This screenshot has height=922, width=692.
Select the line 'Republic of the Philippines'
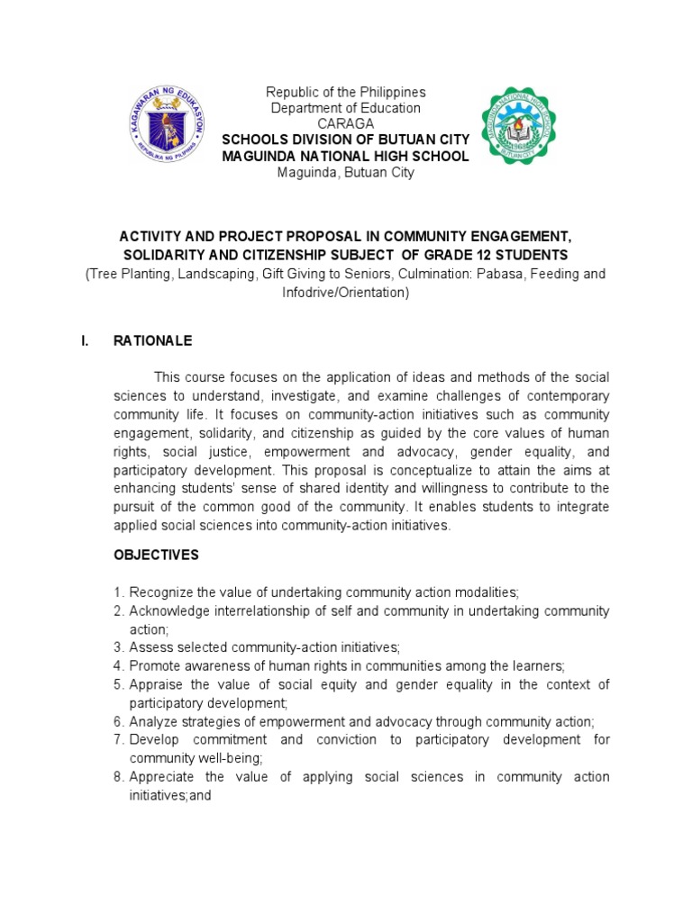tap(345, 93)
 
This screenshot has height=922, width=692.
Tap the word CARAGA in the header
tap(345, 123)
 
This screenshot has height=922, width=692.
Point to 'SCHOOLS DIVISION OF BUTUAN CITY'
tap(346, 140)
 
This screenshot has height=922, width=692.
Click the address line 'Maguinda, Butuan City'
tap(346, 172)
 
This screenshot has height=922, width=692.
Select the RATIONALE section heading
tap(152, 341)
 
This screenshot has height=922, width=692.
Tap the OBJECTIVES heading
tap(156, 556)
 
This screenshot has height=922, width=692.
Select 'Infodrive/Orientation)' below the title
tap(346, 293)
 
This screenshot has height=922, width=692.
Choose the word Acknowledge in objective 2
tap(168, 610)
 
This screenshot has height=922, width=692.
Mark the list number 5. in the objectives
tap(119, 685)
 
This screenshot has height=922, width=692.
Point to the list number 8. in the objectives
tap(119, 777)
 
